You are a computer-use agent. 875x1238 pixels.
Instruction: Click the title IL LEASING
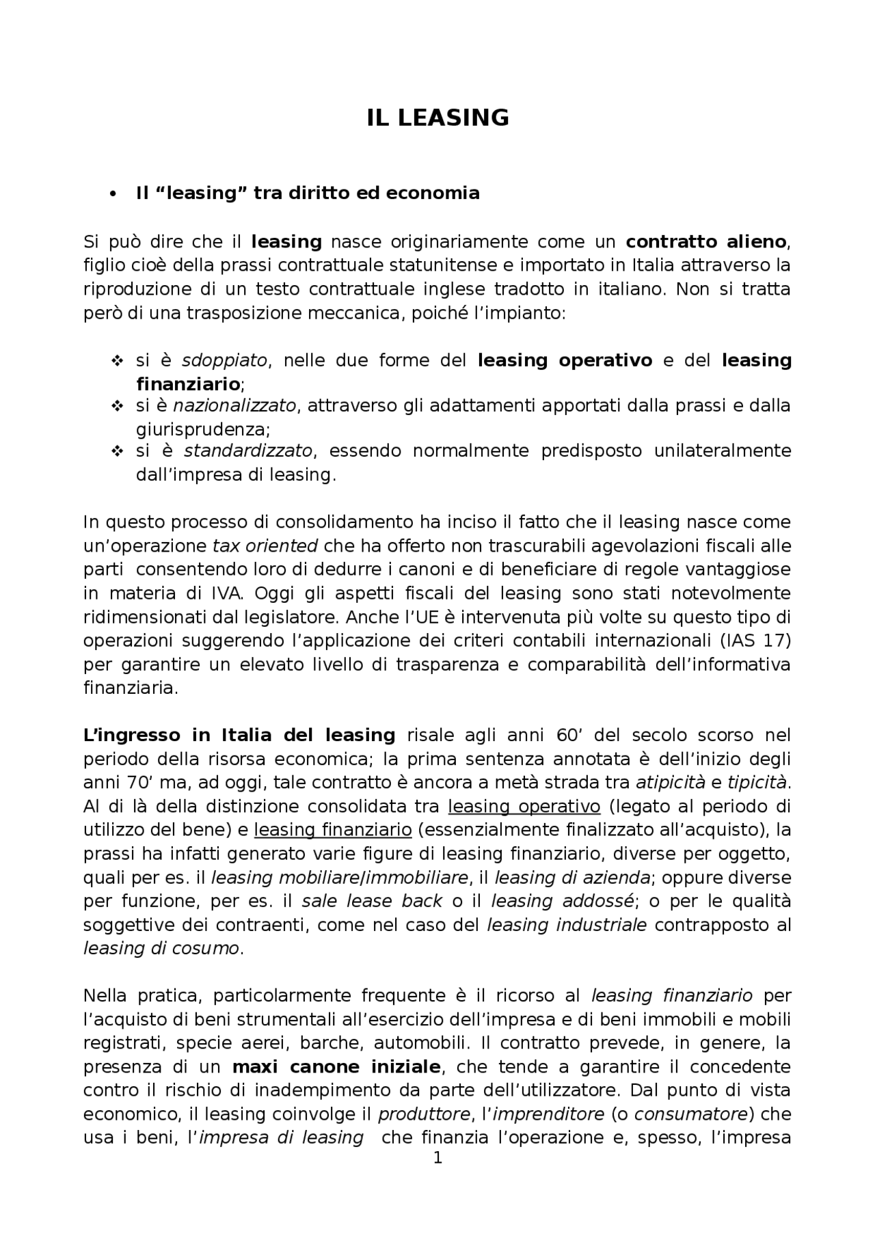pyautogui.click(x=437, y=118)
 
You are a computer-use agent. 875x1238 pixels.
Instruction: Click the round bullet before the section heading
pyautogui.click(x=113, y=193)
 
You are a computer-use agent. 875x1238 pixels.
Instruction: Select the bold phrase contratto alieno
pyautogui.click(x=706, y=241)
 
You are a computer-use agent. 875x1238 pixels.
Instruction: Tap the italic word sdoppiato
pyautogui.click(x=224, y=360)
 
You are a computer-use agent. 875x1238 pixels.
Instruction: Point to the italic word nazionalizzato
pyautogui.click(x=234, y=405)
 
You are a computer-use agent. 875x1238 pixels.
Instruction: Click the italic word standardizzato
pyautogui.click(x=248, y=450)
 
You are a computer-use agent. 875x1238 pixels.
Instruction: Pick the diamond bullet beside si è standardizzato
pyautogui.click(x=116, y=451)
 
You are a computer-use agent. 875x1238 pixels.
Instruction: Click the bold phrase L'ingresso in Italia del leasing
pyautogui.click(x=239, y=735)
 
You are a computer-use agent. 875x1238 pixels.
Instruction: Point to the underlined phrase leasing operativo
pyautogui.click(x=524, y=806)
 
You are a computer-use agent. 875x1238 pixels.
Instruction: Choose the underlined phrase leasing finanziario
pyautogui.click(x=332, y=830)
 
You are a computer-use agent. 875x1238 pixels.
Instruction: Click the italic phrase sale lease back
pyautogui.click(x=372, y=901)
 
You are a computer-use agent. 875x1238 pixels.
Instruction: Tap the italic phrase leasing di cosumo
pyautogui.click(x=161, y=948)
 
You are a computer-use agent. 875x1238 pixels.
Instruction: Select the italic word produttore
pyautogui.click(x=424, y=1114)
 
